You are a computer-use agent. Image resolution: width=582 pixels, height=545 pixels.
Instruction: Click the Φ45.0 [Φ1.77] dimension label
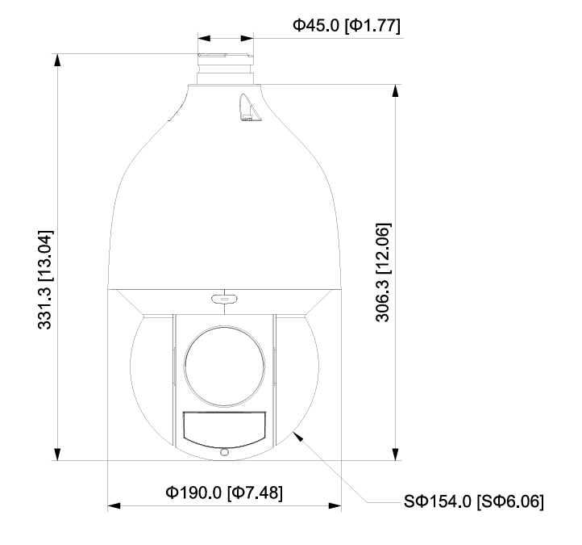tap(346, 26)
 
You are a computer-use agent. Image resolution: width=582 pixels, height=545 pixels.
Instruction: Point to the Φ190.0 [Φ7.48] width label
tap(224, 493)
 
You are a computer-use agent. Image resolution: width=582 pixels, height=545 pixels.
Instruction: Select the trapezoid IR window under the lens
tap(223, 427)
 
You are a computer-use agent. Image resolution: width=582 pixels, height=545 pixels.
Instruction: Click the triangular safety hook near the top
tap(248, 108)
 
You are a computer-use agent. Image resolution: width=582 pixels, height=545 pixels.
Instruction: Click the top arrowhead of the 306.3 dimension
tap(395, 90)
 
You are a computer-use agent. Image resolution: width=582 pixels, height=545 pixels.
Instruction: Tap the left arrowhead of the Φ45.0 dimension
tap(204, 37)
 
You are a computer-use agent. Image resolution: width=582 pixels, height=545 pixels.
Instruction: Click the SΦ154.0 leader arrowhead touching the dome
tap(299, 436)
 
